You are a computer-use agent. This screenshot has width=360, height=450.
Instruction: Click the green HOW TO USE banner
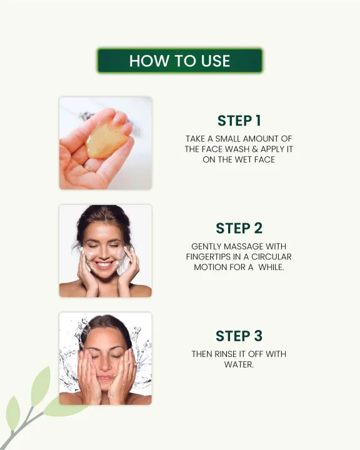179,61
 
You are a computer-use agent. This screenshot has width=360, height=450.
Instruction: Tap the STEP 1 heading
239,121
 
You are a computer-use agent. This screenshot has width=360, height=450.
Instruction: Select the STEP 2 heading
239,228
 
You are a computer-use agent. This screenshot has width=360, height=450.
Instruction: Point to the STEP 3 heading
239,336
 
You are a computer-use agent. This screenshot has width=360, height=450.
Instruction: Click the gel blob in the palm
106,141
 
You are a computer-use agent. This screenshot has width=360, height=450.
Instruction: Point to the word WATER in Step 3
238,364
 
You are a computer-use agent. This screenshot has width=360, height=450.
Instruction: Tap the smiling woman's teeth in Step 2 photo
105,263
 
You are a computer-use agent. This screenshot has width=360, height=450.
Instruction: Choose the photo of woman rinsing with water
105,359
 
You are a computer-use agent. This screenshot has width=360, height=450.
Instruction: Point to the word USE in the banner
216,61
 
